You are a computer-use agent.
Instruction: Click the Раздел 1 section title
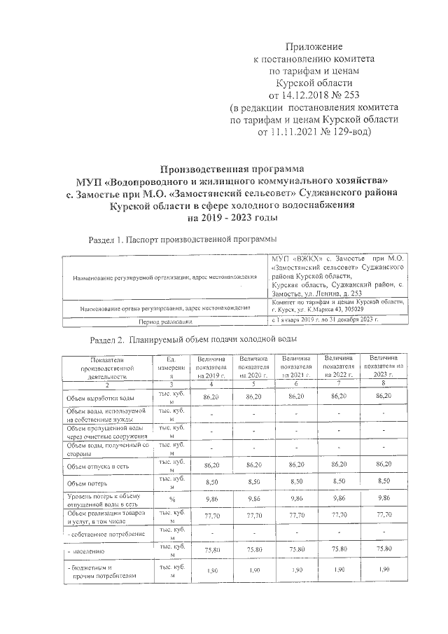(183, 240)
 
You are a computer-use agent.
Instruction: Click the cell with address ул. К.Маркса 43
(328, 308)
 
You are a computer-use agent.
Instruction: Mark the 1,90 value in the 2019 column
(208, 572)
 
